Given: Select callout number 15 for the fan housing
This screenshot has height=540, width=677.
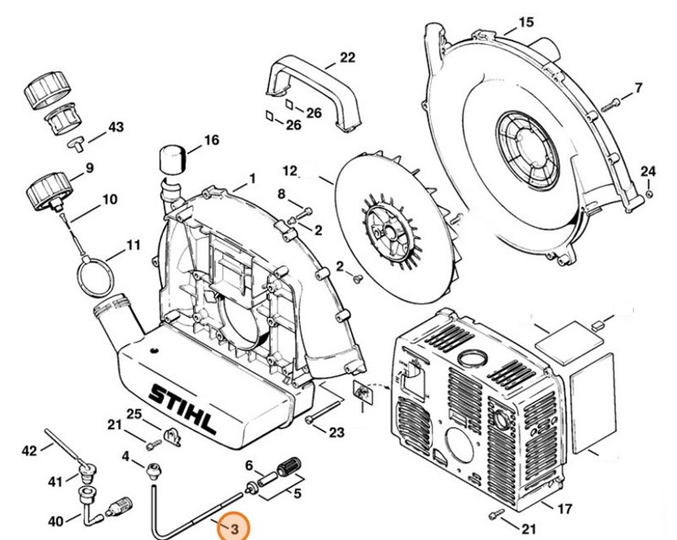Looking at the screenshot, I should pyautogui.click(x=524, y=21).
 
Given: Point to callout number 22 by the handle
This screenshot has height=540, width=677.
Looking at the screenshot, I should pyautogui.click(x=347, y=57).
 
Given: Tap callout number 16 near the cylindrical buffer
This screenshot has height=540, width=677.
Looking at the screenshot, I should pyautogui.click(x=211, y=140).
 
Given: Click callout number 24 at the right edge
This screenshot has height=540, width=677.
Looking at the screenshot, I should pyautogui.click(x=648, y=171).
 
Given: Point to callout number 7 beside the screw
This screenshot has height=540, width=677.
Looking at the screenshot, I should pyautogui.click(x=638, y=88).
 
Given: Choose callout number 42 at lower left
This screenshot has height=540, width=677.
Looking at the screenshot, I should pyautogui.click(x=30, y=449).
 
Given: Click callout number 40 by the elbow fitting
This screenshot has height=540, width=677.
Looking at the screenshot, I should pyautogui.click(x=55, y=521).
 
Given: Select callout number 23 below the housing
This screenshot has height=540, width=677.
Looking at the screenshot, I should pyautogui.click(x=336, y=432).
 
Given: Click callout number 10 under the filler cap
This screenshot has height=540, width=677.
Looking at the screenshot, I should pyautogui.click(x=109, y=199).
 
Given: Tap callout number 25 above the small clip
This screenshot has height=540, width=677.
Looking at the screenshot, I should pyautogui.click(x=134, y=414).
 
